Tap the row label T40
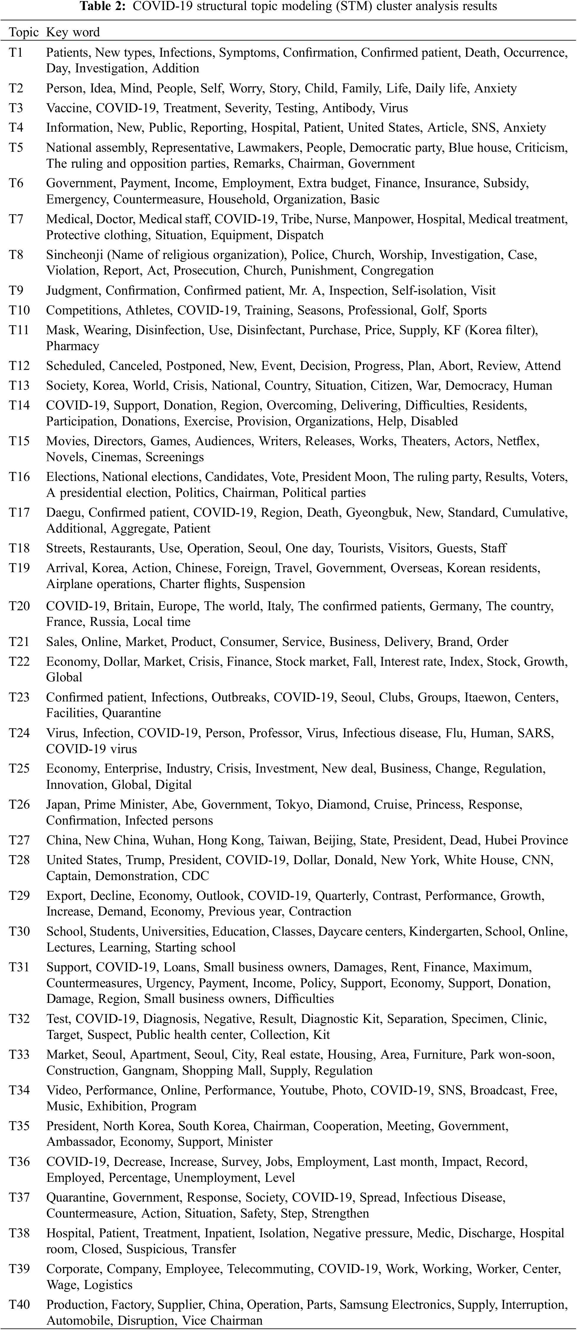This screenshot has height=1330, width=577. click(19, 1304)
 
